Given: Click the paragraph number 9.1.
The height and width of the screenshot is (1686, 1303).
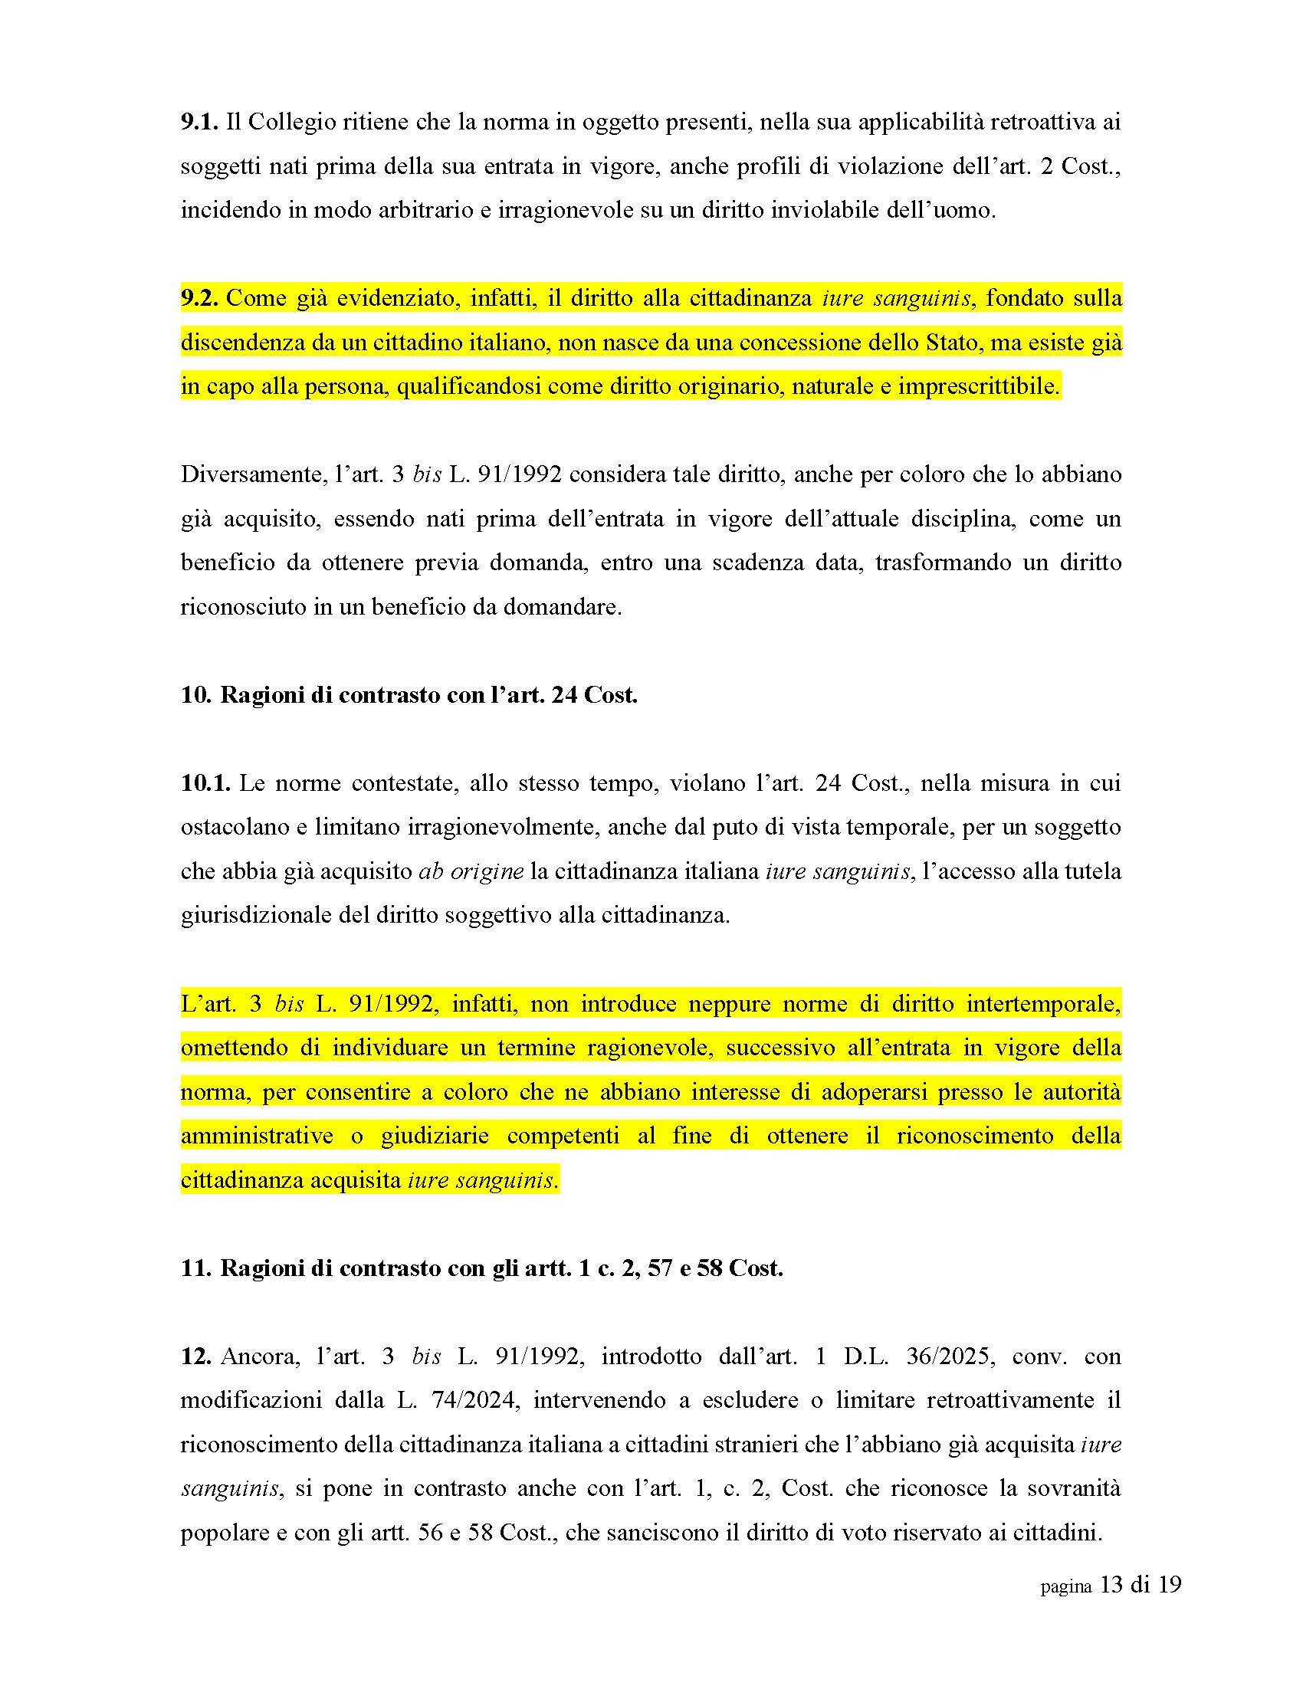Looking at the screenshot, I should (x=200, y=122).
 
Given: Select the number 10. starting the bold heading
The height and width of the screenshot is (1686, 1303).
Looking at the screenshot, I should (x=196, y=695).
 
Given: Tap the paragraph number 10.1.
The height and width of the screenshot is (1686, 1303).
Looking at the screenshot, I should (x=205, y=782).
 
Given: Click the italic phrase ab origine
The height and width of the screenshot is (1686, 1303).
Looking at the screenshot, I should (x=471, y=871).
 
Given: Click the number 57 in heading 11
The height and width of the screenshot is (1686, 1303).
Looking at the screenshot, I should (x=660, y=1268).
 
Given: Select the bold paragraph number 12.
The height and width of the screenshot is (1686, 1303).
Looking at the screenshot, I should (x=196, y=1356).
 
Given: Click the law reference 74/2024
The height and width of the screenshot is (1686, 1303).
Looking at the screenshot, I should (x=474, y=1400).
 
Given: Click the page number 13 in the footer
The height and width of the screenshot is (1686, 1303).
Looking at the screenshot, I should (x=1111, y=1586).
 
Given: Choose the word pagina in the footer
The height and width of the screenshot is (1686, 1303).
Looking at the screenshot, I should (x=1066, y=1587).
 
